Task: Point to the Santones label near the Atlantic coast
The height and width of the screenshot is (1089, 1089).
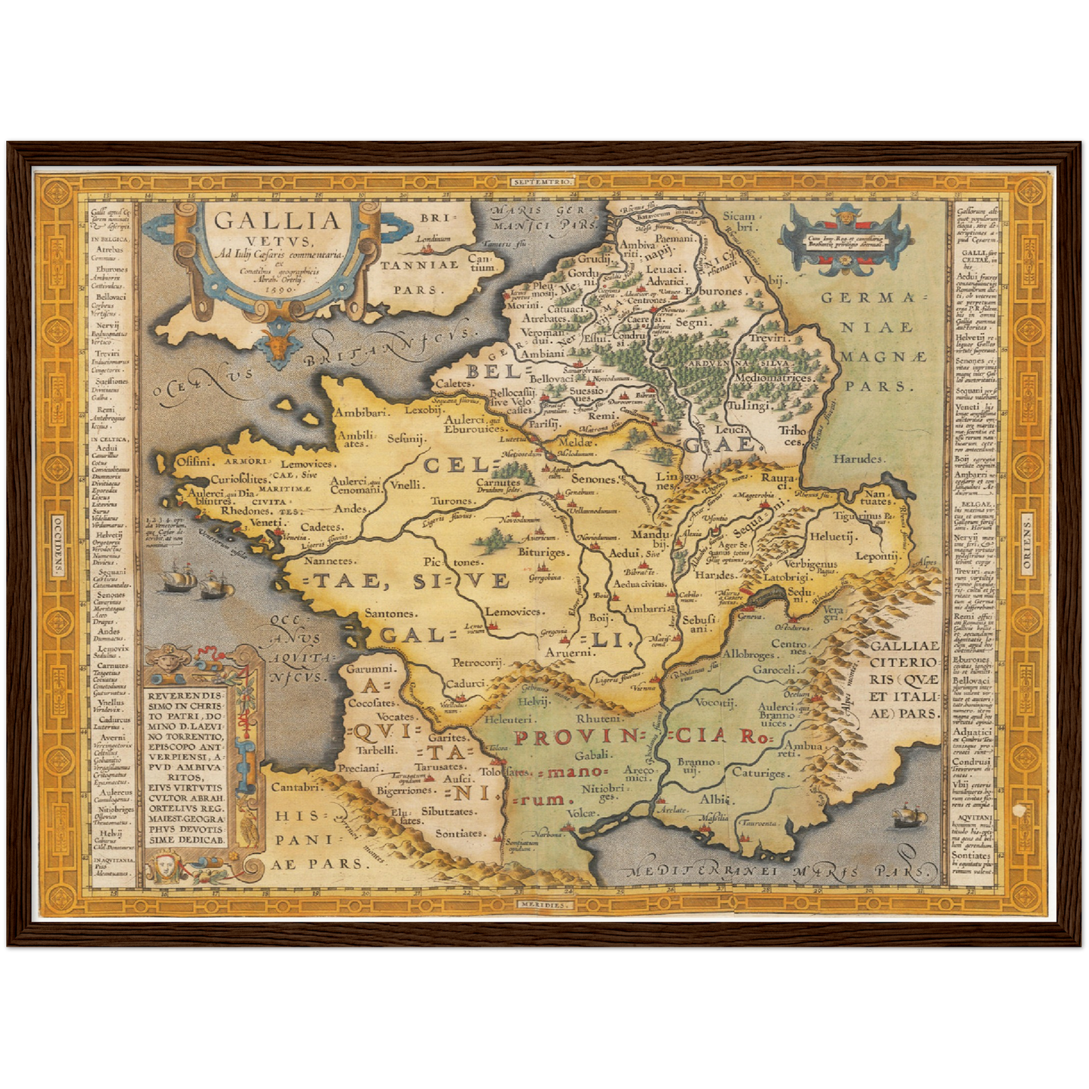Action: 390,613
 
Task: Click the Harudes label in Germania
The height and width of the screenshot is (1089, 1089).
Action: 857,458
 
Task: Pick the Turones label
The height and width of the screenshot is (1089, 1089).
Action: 452,500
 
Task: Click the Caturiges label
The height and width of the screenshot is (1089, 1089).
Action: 762,773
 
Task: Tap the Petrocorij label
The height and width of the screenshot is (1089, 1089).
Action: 476,662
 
